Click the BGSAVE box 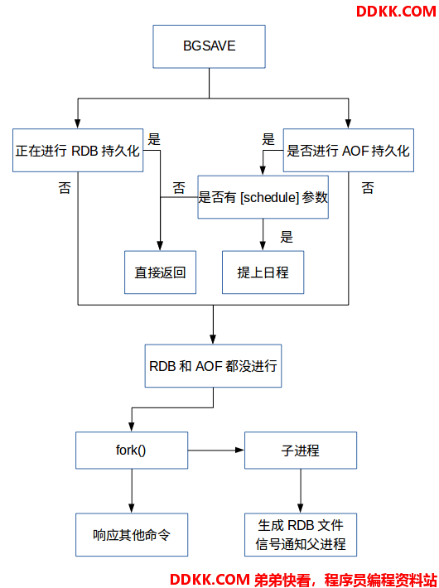209,46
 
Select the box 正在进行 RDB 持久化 78,151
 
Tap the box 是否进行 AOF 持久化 348,151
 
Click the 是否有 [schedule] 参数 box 263,197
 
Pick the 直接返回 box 160,272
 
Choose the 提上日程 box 263,272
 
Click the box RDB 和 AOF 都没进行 213,365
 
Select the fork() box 132,450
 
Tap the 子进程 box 300,450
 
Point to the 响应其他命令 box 132,535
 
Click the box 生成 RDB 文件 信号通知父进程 300,535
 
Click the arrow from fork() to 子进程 216,450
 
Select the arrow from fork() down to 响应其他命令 132,491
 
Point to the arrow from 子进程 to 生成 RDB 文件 301,491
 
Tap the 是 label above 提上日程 287,237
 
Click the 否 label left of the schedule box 179,187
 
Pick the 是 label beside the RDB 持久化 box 154,139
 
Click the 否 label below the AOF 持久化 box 368,187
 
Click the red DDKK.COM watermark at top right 396,12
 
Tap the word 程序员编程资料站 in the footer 381,580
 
